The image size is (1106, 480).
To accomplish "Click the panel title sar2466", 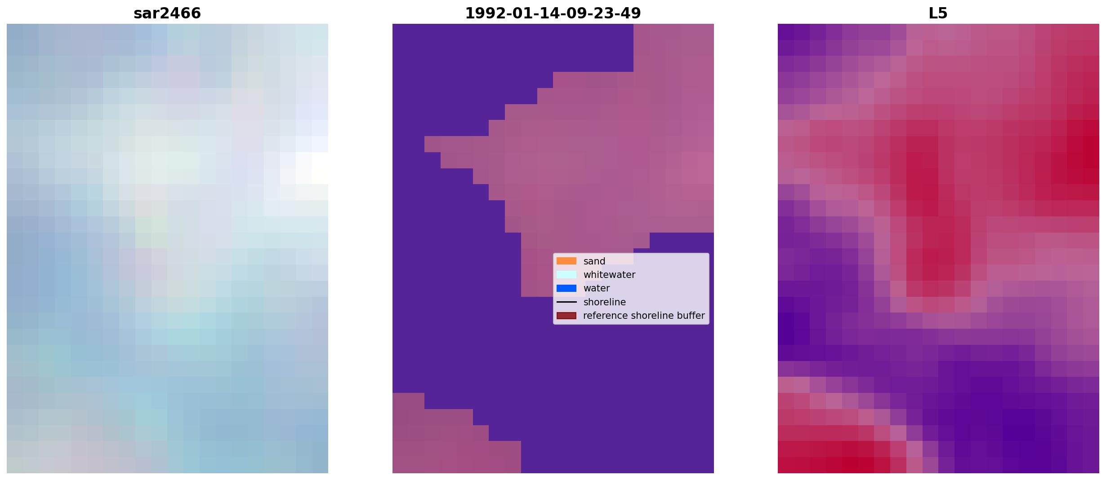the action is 167,13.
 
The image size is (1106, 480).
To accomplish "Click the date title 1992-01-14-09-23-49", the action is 553,13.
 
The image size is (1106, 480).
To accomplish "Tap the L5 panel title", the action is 938,13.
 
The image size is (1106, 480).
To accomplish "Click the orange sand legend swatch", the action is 566,261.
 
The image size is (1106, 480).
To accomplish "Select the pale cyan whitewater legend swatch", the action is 566,274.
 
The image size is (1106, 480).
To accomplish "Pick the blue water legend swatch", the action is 566,288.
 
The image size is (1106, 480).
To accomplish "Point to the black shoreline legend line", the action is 566,302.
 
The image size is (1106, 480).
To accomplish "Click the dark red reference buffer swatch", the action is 566,316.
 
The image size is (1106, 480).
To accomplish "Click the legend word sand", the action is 594,261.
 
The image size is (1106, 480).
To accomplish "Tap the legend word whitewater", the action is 609,275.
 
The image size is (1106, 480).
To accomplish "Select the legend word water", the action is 597,288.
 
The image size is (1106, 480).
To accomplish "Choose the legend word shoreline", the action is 605,302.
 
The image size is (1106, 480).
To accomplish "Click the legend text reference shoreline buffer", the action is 644,316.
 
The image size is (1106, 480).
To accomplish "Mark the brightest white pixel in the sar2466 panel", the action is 320,168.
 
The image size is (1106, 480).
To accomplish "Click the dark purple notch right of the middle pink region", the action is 682,242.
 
